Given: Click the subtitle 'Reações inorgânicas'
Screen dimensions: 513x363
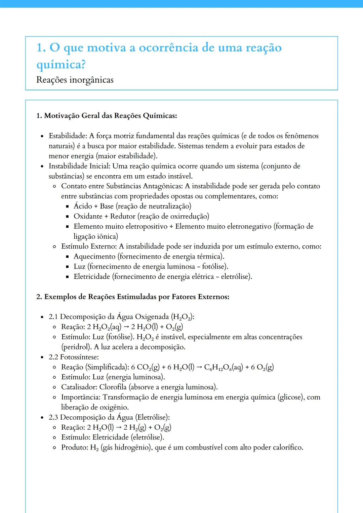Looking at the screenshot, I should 75,80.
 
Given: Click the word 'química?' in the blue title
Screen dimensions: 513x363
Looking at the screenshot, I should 61,64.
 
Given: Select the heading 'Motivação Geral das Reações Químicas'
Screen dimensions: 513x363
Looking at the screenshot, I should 110,116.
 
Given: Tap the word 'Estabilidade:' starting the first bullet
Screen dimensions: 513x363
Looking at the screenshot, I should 68,136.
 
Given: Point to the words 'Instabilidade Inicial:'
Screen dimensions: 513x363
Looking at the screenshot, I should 80,166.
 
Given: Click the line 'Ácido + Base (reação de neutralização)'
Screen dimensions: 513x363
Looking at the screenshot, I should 132,206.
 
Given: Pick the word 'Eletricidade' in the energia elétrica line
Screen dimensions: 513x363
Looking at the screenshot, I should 92,277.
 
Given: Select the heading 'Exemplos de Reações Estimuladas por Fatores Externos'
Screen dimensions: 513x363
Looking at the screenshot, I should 136,297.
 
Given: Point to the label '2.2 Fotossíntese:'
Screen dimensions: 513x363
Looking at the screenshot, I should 74,357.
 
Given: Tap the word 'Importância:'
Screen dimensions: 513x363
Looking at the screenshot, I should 81,397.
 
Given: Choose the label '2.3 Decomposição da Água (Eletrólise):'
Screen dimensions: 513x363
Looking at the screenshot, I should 109,417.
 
